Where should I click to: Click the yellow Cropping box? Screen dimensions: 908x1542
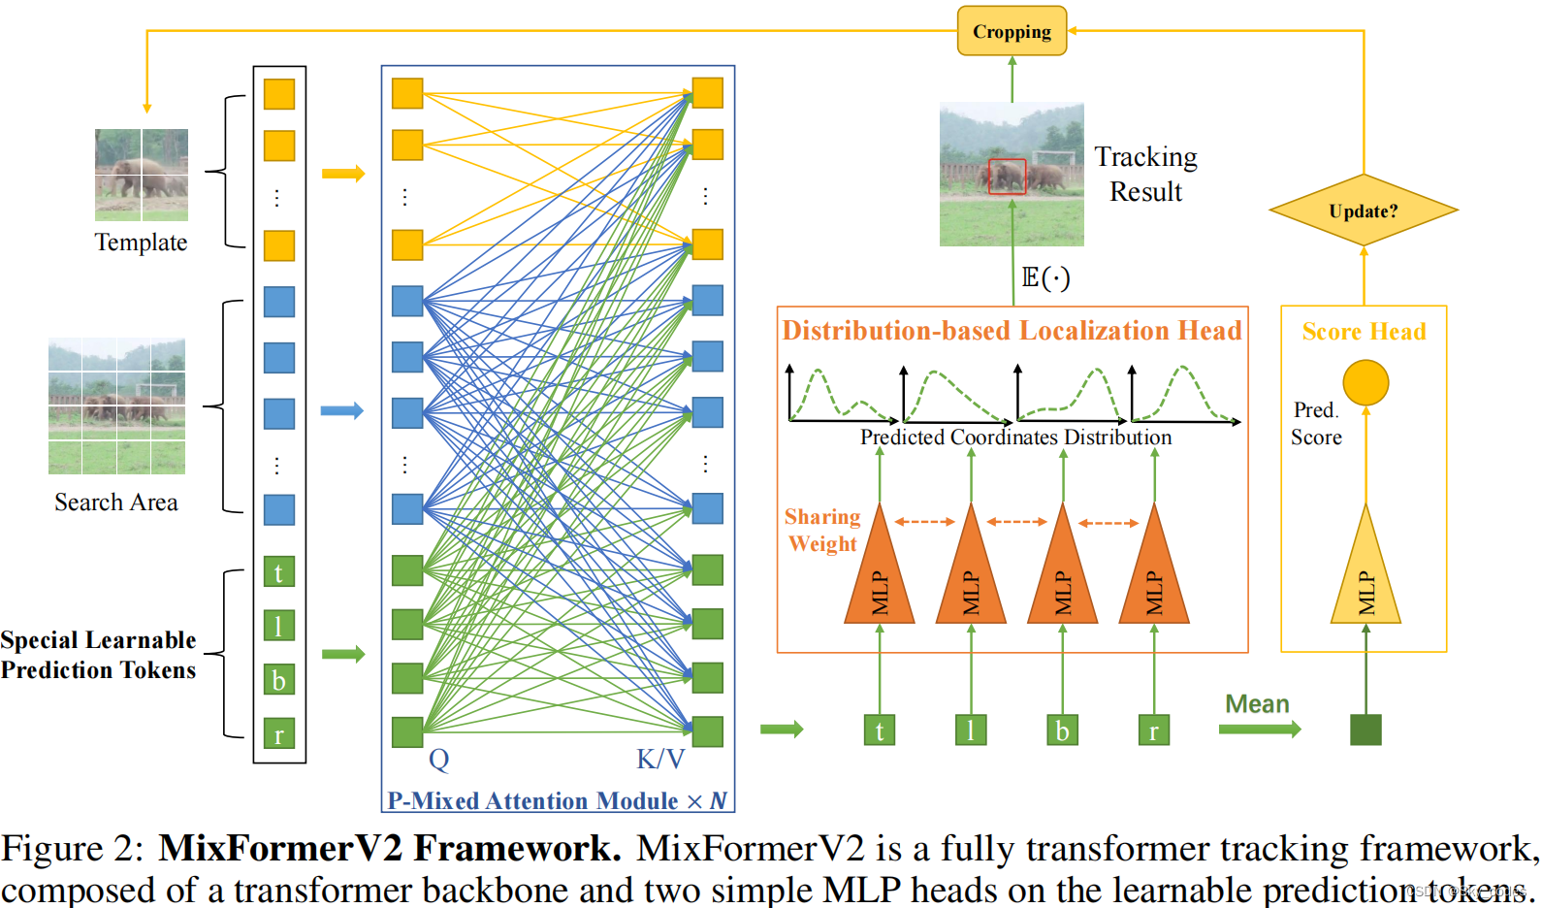pos(1012,31)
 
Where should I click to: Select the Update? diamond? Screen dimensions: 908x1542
pos(1363,211)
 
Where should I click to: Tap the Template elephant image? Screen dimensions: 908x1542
pos(142,175)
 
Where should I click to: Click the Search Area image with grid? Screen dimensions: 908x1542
pos(116,405)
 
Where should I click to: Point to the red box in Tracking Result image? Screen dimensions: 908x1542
pos(1007,177)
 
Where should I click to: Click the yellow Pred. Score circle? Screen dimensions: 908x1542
pos(1365,382)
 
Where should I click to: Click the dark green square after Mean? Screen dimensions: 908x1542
pos(1365,730)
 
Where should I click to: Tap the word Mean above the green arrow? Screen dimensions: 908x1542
pos(1257,704)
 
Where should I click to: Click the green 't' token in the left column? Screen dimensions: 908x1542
pos(279,572)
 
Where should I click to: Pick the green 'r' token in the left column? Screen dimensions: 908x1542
pos(279,734)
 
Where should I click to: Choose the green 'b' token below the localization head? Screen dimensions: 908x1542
pos(1062,730)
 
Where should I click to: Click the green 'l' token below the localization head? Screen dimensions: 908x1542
pos(971,730)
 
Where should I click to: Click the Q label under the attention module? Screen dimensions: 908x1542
pos(438,759)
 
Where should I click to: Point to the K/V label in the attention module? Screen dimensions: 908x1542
pos(660,759)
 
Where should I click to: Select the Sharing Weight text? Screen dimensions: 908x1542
pos(822,530)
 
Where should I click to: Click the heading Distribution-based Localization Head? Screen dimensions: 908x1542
pos(1012,331)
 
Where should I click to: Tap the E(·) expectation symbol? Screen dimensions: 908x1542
pos(1045,278)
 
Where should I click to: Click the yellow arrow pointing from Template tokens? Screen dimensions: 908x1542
pos(343,174)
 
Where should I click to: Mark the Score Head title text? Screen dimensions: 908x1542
pos(1364,332)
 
